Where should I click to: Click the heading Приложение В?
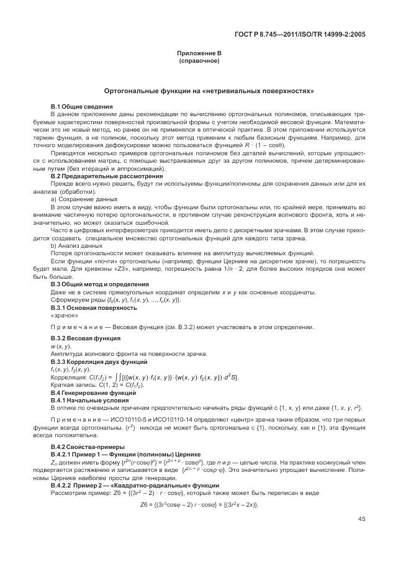200,55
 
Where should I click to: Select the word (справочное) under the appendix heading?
200,61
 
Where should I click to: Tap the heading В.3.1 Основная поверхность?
93,307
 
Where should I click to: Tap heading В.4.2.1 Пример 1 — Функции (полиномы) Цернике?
121,455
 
